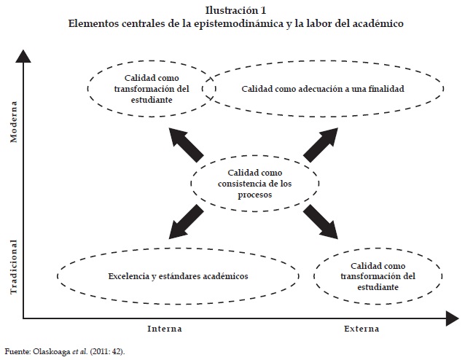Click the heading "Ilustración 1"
tap(232, 10)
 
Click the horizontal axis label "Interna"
tap(165, 329)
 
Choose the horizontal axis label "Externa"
tap(362, 329)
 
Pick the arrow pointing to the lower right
tap(321, 222)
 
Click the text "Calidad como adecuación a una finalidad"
tap(322, 89)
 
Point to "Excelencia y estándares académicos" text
tap(178, 277)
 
